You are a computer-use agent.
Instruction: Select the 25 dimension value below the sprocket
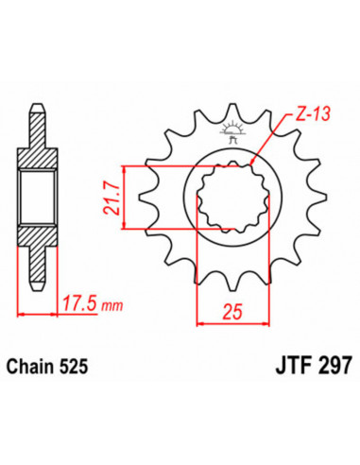[228, 311]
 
